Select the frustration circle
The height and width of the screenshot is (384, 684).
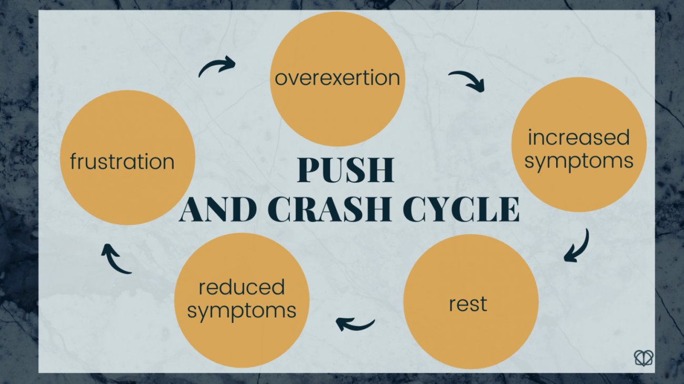pos(128,158)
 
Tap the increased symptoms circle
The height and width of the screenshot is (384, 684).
pos(579,144)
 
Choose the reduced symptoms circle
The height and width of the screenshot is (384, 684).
pos(242,300)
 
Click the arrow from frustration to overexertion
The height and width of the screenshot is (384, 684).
pos(216,67)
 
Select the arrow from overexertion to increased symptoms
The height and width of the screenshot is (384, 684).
pos(467,80)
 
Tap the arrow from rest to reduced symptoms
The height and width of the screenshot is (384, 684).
pos(355,324)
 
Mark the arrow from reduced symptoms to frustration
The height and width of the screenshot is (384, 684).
pos(115,258)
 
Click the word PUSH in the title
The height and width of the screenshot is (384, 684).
pos(346,171)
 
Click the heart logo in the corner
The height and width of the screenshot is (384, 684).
pos(643,358)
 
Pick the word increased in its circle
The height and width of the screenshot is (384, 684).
pos(579,138)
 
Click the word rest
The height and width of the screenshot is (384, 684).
pos(468,304)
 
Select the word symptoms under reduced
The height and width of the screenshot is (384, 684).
pos(242,311)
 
